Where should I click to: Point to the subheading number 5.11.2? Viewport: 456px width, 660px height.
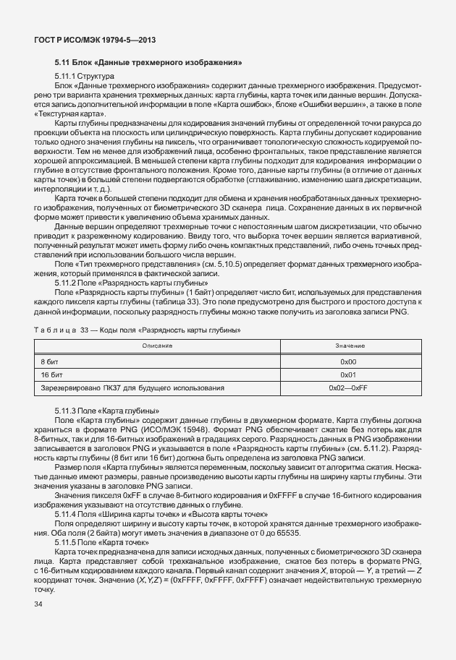click(64, 284)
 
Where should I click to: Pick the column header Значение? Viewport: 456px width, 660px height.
click(350, 346)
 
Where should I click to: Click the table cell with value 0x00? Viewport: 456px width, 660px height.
click(349, 360)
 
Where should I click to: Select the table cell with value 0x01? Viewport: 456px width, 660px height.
click(349, 374)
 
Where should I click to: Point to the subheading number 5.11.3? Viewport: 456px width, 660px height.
click(64, 411)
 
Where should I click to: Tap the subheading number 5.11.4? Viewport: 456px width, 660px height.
click(64, 513)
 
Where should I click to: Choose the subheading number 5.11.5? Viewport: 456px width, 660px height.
click(64, 541)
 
